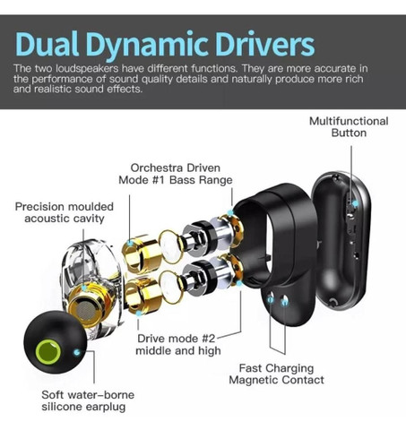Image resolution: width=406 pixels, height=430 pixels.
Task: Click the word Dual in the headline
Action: (x=48, y=44)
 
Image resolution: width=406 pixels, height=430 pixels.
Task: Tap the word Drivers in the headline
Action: (x=264, y=44)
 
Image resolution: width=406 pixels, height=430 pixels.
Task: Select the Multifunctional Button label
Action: (x=349, y=127)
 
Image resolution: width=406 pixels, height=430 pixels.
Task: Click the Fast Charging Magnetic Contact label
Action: (x=276, y=374)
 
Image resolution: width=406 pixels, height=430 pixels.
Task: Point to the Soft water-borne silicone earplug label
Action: (x=88, y=400)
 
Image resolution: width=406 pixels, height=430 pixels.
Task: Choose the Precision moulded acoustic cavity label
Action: (x=65, y=212)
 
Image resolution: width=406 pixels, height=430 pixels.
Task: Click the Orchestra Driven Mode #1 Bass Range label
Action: (x=176, y=174)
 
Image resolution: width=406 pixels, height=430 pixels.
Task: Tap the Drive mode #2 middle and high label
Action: (x=178, y=344)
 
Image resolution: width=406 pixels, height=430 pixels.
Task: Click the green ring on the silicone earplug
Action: (x=48, y=351)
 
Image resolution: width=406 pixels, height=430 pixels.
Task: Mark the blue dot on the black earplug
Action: (x=77, y=352)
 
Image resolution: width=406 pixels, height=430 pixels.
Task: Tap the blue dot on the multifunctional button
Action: (x=355, y=203)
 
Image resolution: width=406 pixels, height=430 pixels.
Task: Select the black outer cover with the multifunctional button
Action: (x=341, y=239)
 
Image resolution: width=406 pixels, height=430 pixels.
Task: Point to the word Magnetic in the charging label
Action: (x=254, y=380)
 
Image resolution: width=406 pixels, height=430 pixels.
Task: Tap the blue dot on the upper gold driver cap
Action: (x=130, y=243)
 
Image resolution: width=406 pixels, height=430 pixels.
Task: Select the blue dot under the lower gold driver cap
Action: (x=138, y=314)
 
